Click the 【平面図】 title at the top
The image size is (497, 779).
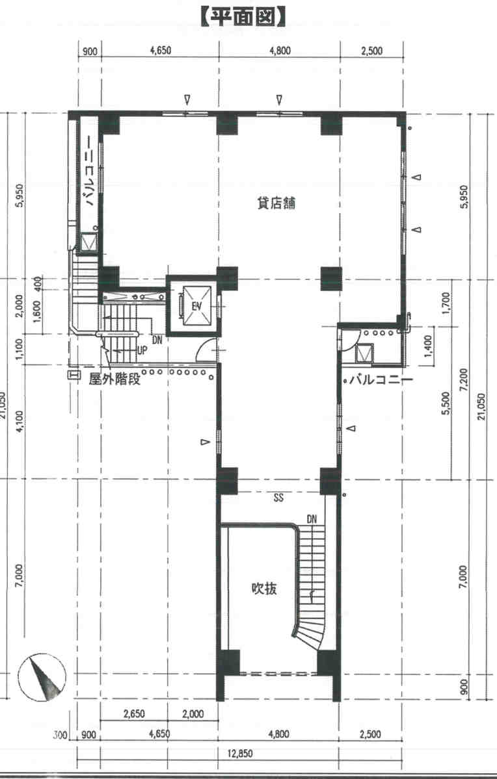tap(244, 16)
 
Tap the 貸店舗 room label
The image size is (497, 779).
tap(276, 203)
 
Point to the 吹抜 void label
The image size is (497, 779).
tap(263, 589)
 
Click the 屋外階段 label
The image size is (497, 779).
tap(115, 379)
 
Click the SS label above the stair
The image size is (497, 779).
tap(278, 497)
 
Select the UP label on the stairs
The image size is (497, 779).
tap(142, 351)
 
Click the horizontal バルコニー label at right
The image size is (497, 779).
tap(381, 381)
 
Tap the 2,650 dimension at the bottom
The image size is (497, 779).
tap(134, 714)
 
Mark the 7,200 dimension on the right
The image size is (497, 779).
tap(464, 380)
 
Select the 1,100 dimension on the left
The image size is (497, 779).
tap(20, 348)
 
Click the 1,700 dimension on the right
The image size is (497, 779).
tap(446, 303)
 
